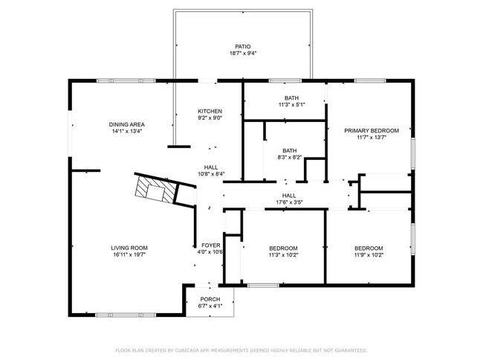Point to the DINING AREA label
tap(126, 124)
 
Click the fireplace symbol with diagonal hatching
tap(156, 190)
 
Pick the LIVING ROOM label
tap(129, 248)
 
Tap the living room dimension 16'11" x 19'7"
tap(129, 255)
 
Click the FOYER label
tap(211, 245)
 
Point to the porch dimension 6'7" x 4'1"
tap(210, 306)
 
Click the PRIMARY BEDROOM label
tap(372, 130)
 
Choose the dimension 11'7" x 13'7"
tap(372, 138)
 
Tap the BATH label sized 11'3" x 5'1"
tap(292, 98)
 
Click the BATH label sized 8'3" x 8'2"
tap(289, 150)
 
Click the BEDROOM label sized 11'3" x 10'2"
tap(283, 248)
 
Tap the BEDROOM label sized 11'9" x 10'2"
tap(369, 248)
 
